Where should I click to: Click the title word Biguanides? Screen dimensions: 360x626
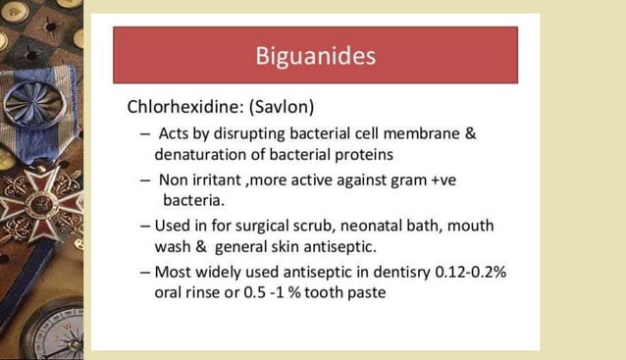tap(314, 55)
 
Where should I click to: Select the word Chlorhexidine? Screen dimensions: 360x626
tap(179, 106)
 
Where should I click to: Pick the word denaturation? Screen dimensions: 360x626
tap(200, 154)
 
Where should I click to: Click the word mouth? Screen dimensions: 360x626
tap(472, 225)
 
